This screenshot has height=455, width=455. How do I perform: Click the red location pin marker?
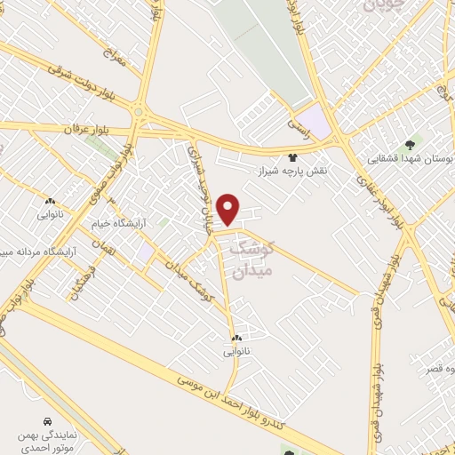coord(229,209)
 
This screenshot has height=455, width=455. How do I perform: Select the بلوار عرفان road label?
coord(84,129)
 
